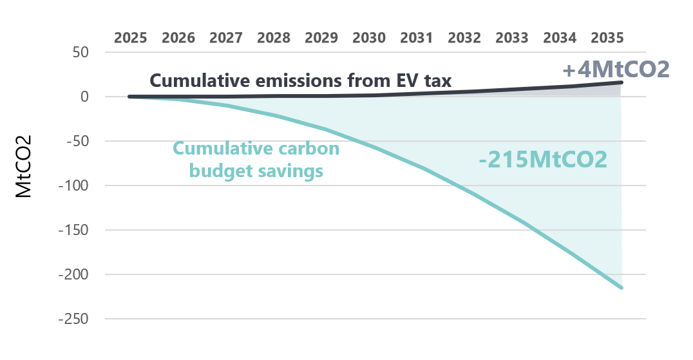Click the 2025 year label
131,37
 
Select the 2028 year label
274,37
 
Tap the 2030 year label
369,37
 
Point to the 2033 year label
512,37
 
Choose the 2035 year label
607,37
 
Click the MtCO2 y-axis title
24,166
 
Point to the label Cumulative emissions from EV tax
301,81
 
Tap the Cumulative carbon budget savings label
256,160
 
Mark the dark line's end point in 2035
622,82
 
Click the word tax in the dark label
437,81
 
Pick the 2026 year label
178,37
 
